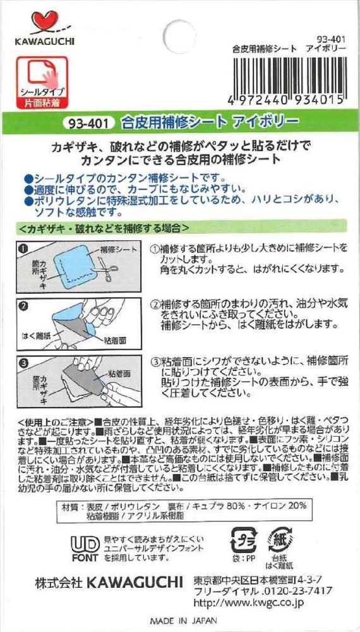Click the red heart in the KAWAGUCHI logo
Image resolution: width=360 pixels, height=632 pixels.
point(45,21)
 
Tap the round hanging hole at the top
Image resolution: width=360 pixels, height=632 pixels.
point(179,36)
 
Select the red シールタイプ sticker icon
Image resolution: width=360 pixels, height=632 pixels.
point(42,83)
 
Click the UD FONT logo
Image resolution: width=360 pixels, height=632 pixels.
point(85,549)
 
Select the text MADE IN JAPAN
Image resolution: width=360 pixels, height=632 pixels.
point(184,621)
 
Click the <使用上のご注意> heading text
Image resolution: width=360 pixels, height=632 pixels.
point(55,422)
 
